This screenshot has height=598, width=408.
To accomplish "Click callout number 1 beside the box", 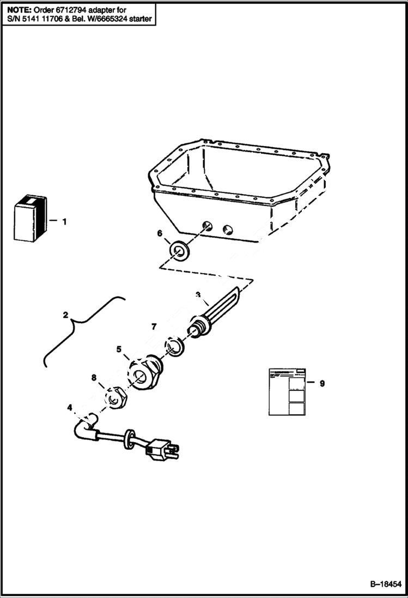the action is coord(64,222).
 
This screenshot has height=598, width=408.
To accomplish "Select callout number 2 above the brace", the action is coord(65,315).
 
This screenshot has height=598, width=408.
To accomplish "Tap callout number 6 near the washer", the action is coord(160,233).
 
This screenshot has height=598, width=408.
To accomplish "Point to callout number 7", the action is coord(154,327).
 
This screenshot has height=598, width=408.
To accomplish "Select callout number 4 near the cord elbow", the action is coord(69,407).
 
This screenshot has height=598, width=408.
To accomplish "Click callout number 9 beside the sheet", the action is coord(322,383).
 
